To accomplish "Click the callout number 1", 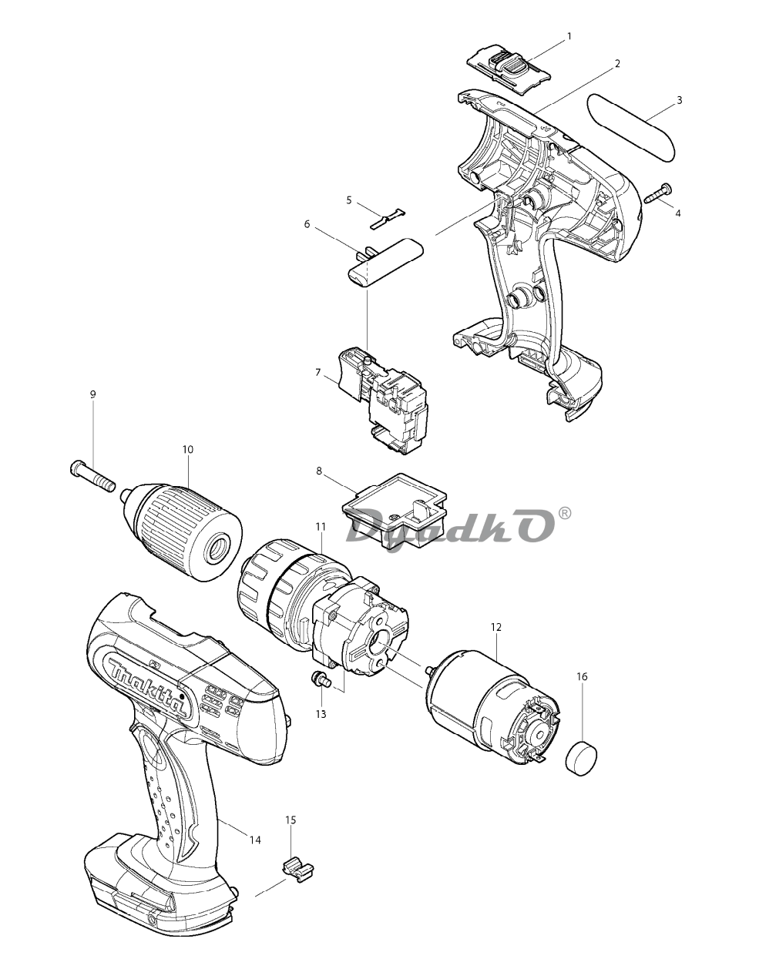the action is click(x=569, y=36).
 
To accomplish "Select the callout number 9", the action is click(x=92, y=394).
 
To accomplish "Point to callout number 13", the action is click(x=321, y=714).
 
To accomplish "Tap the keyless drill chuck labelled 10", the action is click(x=183, y=532).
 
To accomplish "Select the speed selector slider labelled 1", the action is click(x=509, y=68).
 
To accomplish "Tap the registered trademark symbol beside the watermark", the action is click(x=565, y=514).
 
